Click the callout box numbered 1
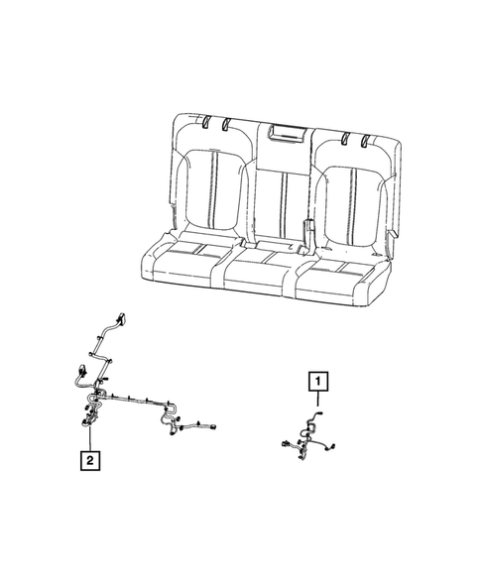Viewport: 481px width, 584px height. pos(316,379)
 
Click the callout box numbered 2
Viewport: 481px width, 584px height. pos(90,460)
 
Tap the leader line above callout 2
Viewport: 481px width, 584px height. pos(90,438)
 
